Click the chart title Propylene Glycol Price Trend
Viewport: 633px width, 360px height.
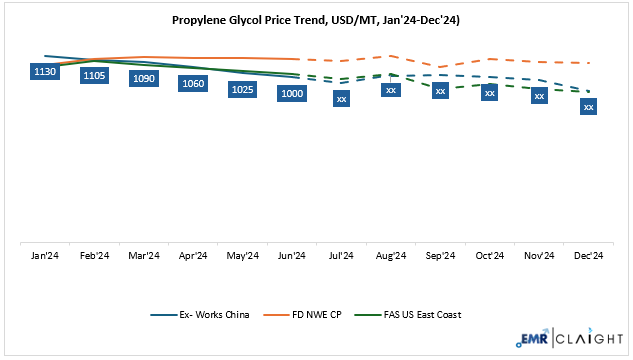tap(316, 18)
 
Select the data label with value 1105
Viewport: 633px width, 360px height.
tap(94, 75)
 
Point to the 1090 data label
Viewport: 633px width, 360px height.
tap(144, 79)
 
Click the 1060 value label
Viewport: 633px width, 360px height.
tap(193, 84)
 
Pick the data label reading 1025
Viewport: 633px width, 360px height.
tap(242, 90)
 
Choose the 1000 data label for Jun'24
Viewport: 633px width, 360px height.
tap(292, 94)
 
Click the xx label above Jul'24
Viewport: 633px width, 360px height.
tap(341, 99)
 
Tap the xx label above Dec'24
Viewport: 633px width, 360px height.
tap(588, 106)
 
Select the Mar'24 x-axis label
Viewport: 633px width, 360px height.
tap(144, 256)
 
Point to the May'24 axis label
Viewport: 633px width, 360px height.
tap(242, 256)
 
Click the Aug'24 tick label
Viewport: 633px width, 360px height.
tap(391, 256)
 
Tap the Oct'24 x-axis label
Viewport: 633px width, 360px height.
tap(489, 256)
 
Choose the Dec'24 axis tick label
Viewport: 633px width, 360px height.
tap(588, 256)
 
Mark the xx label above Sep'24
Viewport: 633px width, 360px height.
tap(440, 91)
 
